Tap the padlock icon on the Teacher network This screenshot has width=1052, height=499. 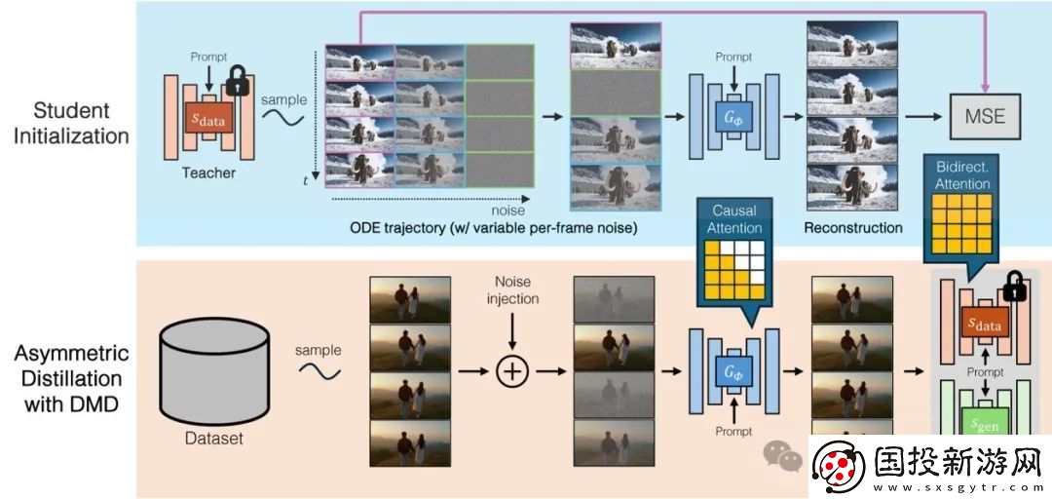point(238,81)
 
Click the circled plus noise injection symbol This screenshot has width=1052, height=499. point(512,370)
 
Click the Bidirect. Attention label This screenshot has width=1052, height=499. point(962,175)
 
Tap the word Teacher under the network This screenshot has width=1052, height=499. point(208,173)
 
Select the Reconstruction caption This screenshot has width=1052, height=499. point(852,228)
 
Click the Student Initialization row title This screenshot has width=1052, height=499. point(71,123)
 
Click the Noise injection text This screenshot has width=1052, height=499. point(512,289)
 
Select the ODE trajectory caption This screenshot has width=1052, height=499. point(493,228)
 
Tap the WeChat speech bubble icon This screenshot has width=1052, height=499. point(782,455)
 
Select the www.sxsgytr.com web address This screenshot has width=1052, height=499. point(958,487)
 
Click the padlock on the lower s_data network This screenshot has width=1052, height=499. point(1014,287)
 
